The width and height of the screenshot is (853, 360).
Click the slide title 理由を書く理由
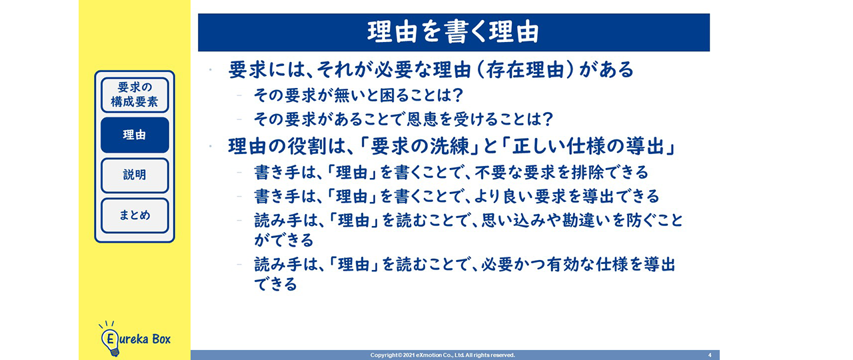tap(453, 32)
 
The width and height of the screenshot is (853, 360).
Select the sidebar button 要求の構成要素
tap(135, 95)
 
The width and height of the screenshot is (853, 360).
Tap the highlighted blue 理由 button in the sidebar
tap(135, 135)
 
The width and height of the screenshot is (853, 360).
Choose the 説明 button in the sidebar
tap(135, 175)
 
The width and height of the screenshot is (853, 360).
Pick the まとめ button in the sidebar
tap(135, 215)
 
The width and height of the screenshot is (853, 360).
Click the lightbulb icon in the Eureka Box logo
tap(110, 339)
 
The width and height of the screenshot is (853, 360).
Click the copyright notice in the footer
tap(442, 355)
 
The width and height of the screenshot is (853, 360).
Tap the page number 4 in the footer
tap(710, 355)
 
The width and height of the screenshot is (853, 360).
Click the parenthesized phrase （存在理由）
tap(525, 70)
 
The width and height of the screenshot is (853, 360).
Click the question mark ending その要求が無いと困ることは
tap(458, 95)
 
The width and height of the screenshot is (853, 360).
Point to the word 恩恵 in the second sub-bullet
tap(422, 119)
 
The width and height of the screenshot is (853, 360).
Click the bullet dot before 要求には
tap(210, 70)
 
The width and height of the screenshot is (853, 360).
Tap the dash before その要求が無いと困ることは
tap(239, 95)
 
